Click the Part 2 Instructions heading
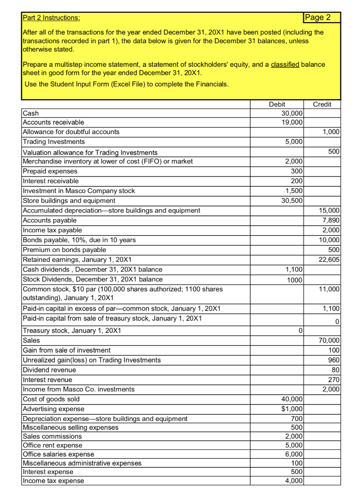coord(52,18)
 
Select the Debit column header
coord(277,104)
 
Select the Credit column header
coord(322,104)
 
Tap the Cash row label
coord(31,113)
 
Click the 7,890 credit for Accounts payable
coord(330,221)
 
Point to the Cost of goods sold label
coord(51,399)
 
